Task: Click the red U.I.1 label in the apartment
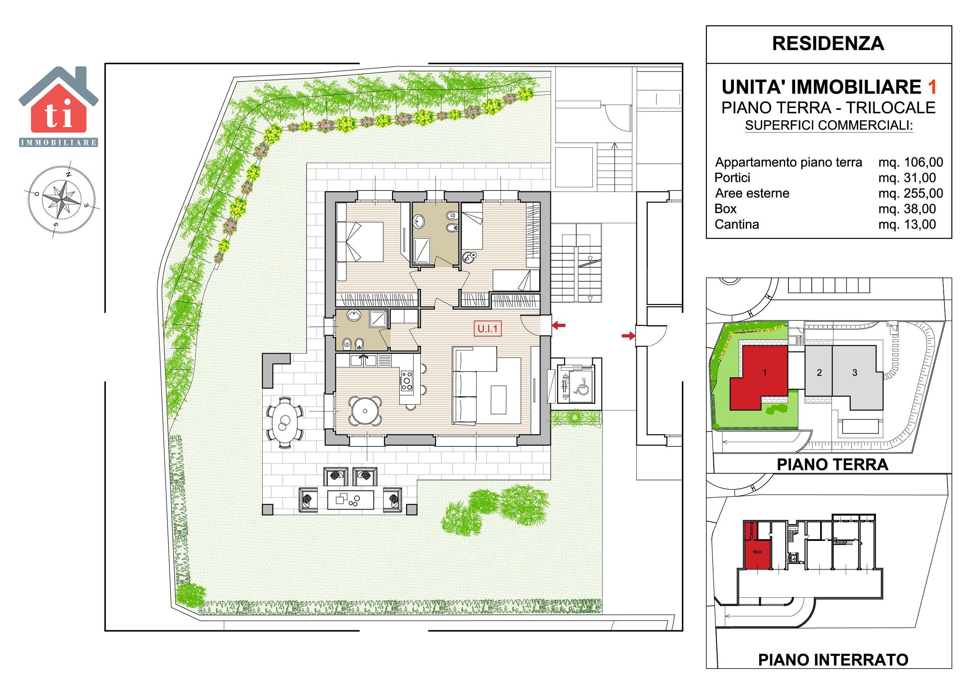[x=487, y=329]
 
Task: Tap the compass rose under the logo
[x=62, y=199]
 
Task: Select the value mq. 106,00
[x=911, y=162]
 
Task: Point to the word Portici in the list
[x=732, y=178]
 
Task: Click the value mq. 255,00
[x=911, y=194]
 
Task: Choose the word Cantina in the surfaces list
[x=737, y=224]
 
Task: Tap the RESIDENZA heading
[x=828, y=43]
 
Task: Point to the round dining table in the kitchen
[x=365, y=411]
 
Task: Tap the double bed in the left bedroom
[x=360, y=241]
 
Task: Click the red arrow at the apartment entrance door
[x=559, y=326]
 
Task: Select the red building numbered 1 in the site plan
[x=764, y=373]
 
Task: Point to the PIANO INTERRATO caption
[x=833, y=660]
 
